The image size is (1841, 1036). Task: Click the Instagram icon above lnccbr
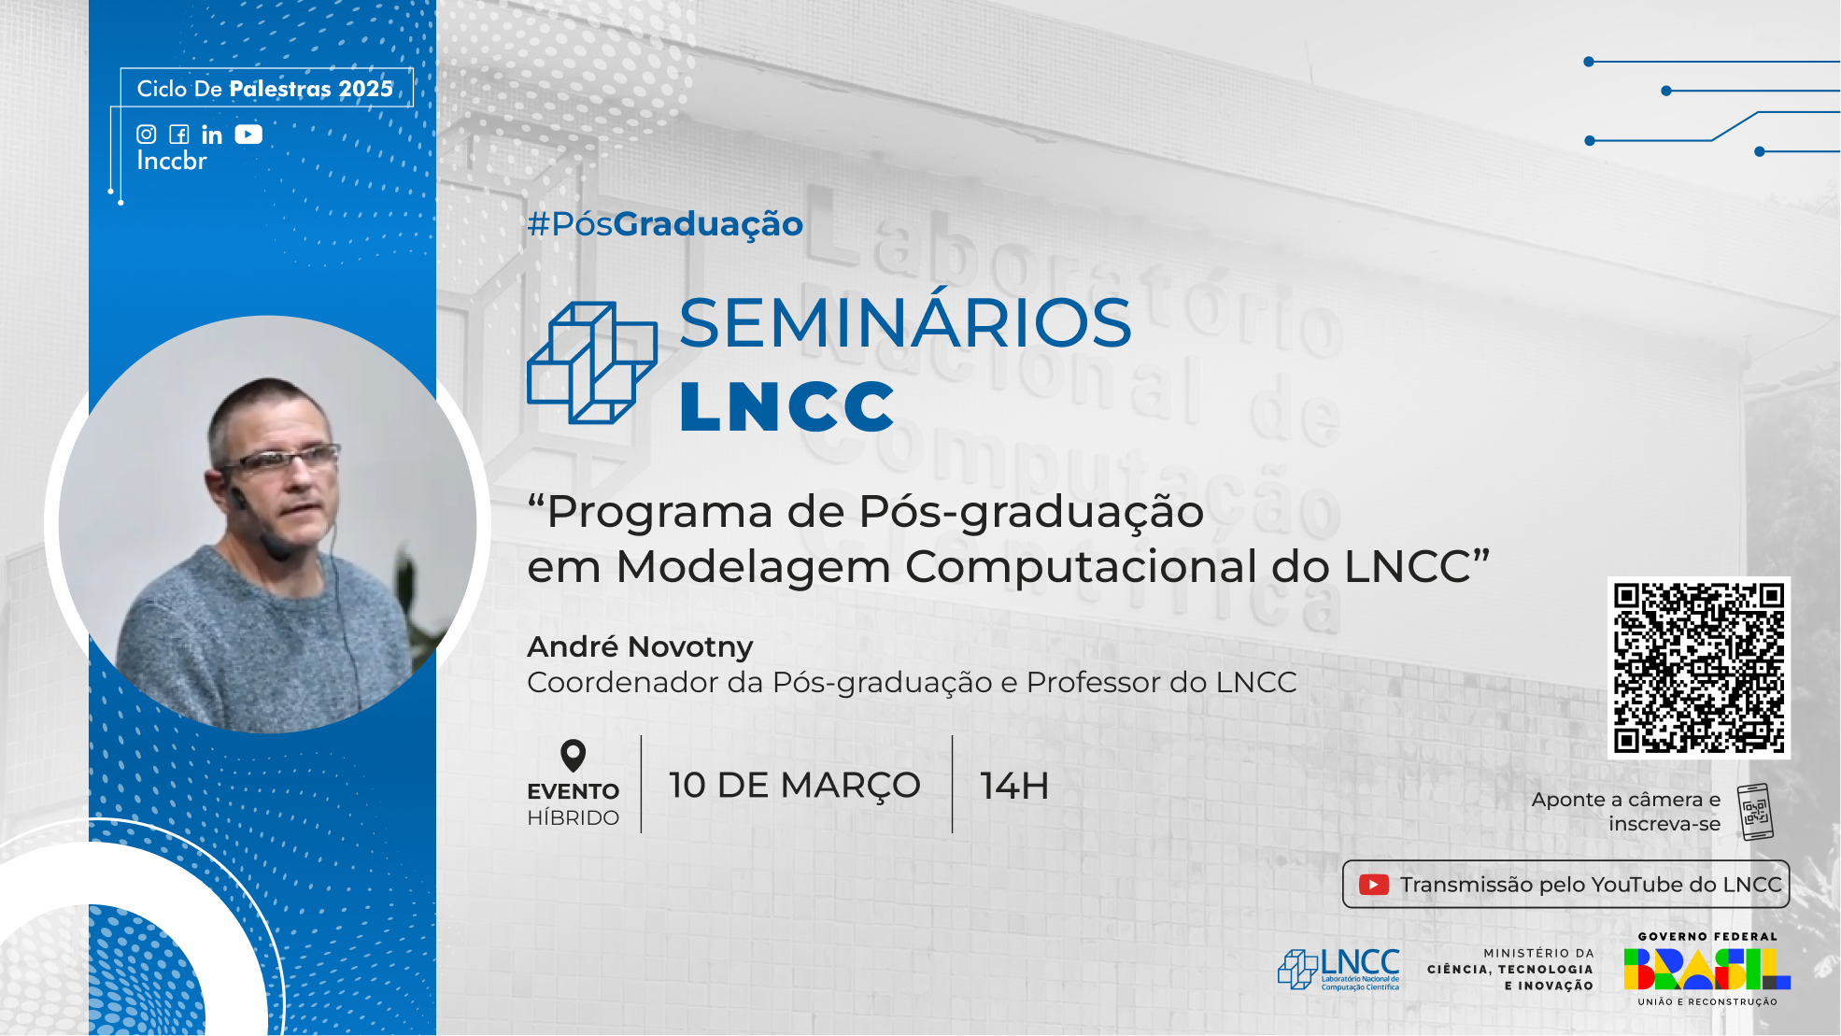click(147, 135)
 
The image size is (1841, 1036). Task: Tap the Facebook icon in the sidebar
click(179, 135)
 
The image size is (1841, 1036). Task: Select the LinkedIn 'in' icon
click(212, 135)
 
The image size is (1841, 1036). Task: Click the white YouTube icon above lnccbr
click(248, 135)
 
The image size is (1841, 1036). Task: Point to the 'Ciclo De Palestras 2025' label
click(265, 89)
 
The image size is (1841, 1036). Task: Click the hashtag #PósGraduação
click(664, 224)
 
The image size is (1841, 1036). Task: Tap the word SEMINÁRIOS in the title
click(904, 323)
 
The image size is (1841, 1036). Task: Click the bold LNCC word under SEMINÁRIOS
click(786, 406)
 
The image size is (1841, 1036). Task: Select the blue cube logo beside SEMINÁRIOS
click(591, 362)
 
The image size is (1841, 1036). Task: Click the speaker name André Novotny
click(640, 646)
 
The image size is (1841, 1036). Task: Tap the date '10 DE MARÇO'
click(794, 786)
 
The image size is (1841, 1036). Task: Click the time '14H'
click(1013, 786)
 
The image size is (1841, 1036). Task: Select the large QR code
click(1698, 667)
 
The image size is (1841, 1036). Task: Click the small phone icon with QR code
click(1755, 811)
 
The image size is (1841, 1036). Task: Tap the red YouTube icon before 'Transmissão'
click(1373, 885)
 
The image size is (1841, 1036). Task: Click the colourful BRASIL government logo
click(1706, 969)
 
